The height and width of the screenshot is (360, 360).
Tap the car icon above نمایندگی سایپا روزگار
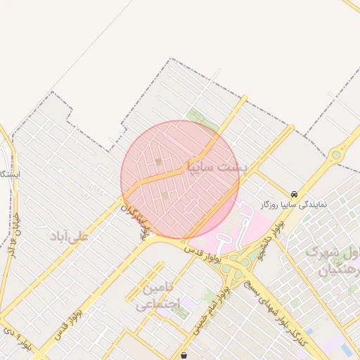click(293, 194)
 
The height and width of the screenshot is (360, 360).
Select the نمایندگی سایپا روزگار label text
click(293, 204)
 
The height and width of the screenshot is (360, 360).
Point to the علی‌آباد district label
click(69, 236)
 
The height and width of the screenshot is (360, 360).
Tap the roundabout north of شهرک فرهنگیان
click(337, 154)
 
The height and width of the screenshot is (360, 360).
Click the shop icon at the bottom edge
click(184, 355)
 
